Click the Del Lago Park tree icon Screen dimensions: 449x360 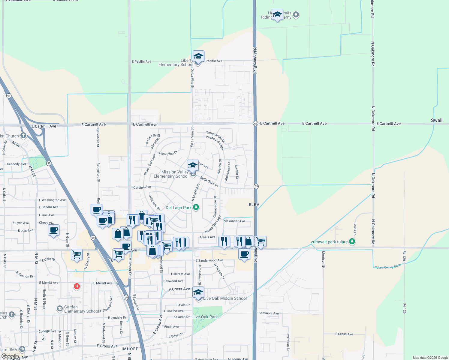196,207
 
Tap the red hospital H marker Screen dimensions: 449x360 77,286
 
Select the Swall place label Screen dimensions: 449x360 436,120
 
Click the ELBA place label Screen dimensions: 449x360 254,205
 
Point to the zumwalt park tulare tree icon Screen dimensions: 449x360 352,241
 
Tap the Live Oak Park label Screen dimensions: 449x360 205,317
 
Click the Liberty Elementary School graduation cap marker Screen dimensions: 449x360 198,56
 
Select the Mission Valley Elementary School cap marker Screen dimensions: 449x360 193,165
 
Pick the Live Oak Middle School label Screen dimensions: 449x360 225,298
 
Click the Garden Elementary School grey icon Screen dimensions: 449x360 59,308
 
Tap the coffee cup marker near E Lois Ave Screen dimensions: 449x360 54,230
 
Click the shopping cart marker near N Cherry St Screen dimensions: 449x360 77,255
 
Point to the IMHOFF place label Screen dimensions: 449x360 130,349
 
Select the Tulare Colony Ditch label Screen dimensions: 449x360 388,266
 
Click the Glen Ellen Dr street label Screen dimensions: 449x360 168,153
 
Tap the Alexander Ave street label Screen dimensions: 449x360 234,221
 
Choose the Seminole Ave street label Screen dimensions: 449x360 269,313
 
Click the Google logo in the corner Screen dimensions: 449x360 10,356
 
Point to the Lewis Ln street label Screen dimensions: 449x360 355,229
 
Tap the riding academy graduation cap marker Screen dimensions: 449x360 277,14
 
